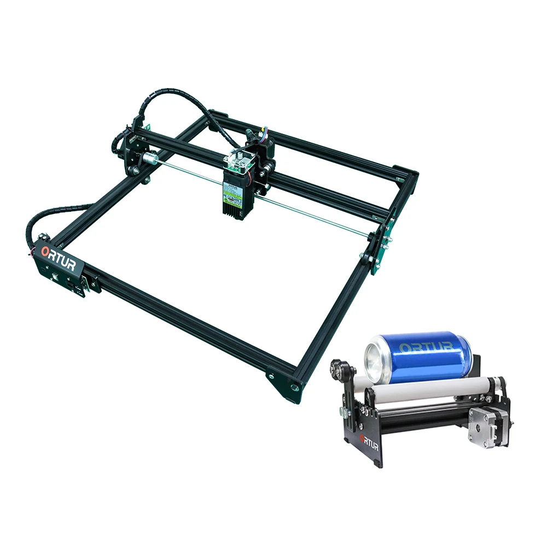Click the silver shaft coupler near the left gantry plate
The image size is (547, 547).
[149, 159]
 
